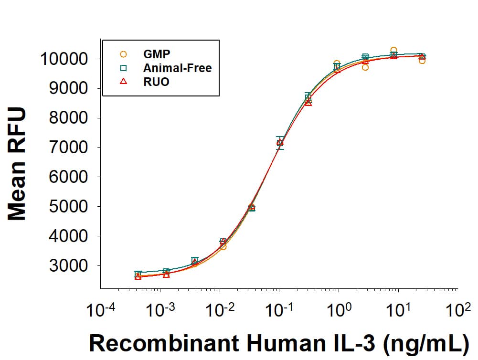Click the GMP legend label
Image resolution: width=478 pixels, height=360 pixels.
coord(157,54)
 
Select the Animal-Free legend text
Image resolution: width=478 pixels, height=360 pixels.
coord(177,68)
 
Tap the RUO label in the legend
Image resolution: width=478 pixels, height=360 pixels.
coord(156,82)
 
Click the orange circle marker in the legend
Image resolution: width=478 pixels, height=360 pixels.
coord(123,54)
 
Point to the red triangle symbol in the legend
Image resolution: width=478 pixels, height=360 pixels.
coord(123,82)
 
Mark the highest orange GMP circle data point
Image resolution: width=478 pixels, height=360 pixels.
coord(393,50)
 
